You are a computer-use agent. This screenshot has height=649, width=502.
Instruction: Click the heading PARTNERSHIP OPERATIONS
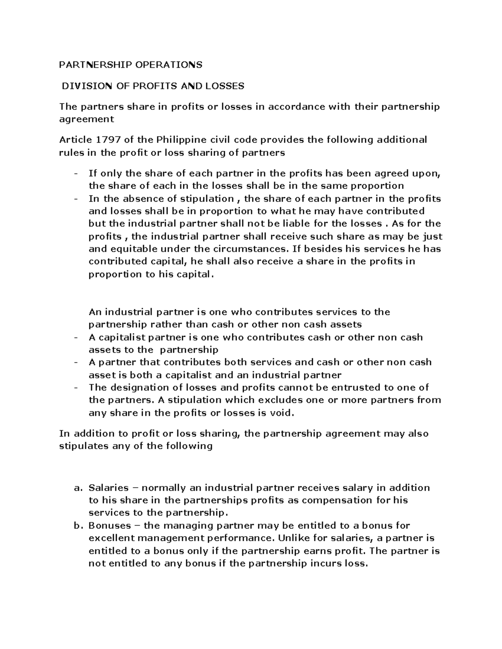tap(131, 65)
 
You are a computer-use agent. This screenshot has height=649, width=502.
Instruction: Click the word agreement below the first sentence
tap(87, 120)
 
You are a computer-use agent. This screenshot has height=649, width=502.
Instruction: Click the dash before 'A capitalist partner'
tap(76, 338)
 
